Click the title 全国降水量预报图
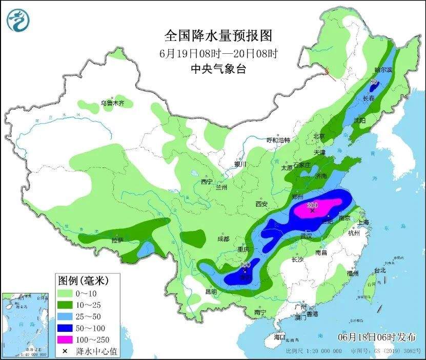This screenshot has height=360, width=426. [x=217, y=35]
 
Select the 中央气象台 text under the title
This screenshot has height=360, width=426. [x=217, y=69]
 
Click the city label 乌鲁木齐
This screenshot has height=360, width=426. [x=112, y=103]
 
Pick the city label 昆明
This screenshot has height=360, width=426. [x=211, y=292]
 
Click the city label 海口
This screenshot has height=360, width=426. [x=279, y=337]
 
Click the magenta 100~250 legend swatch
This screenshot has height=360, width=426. [x=65, y=340]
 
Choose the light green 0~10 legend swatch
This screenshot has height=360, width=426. [x=65, y=293]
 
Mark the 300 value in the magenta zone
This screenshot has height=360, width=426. [x=312, y=205]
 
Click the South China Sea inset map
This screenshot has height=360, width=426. [x=26, y=325]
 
